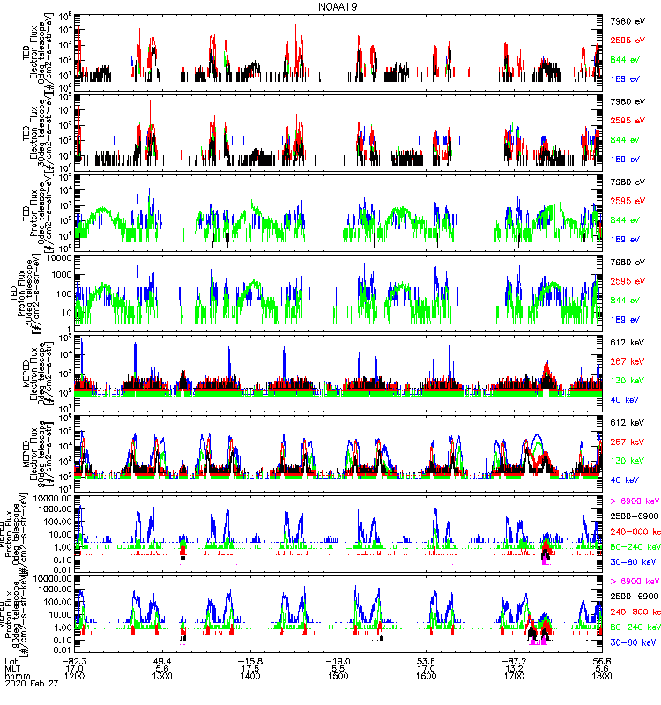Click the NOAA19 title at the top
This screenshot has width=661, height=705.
click(338, 6)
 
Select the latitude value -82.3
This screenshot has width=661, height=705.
click(76, 660)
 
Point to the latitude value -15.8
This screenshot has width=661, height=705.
click(251, 660)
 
